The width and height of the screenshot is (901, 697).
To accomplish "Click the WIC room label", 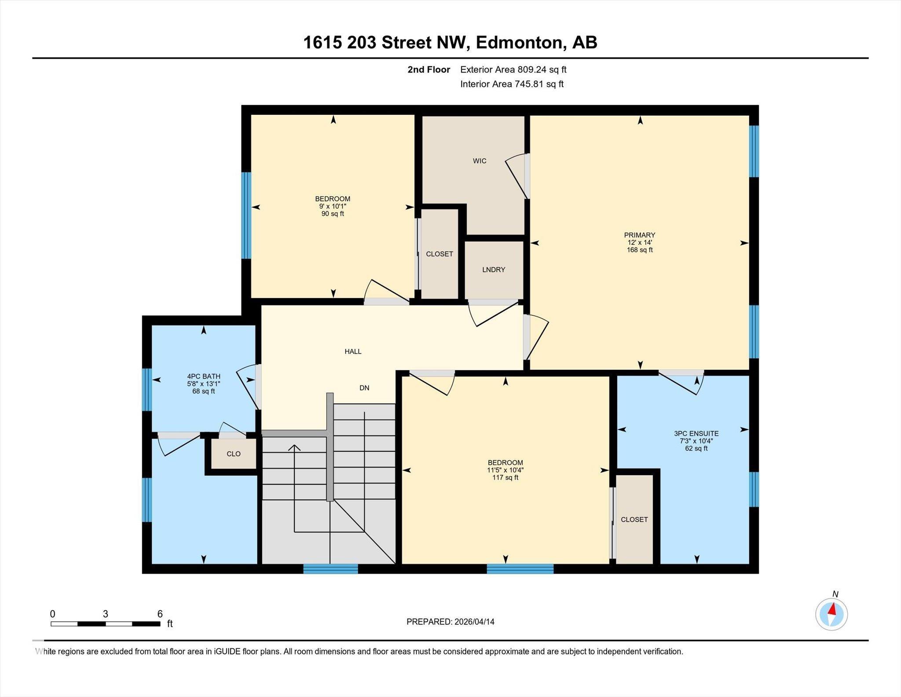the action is [x=480, y=161].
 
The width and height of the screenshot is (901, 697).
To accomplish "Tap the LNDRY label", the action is [x=494, y=269].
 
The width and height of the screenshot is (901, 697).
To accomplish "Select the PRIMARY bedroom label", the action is [x=640, y=235].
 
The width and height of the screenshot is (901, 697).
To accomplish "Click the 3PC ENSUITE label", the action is [x=696, y=434].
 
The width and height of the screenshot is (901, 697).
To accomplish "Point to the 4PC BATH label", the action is [x=204, y=376].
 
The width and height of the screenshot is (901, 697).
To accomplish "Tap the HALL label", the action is [x=353, y=351].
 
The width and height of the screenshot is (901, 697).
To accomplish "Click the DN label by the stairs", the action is [x=364, y=388].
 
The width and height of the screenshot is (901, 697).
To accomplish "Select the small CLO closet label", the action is [x=234, y=454].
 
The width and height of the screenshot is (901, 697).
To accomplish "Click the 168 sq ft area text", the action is [x=640, y=250].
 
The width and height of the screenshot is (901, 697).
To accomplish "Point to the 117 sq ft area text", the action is [x=505, y=478].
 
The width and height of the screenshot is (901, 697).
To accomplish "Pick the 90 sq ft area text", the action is [x=333, y=214].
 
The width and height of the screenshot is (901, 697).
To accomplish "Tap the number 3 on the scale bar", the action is [x=106, y=614].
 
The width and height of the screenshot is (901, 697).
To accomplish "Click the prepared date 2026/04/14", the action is [x=474, y=622].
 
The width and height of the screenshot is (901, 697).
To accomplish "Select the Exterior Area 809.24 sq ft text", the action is [x=513, y=70].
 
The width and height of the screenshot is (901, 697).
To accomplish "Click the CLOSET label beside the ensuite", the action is [x=634, y=520].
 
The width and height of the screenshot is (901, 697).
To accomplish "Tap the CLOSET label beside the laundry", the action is [x=440, y=254].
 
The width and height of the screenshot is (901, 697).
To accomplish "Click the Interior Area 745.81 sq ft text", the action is [x=512, y=84].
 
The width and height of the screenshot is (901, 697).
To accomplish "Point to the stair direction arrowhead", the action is [x=294, y=448].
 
